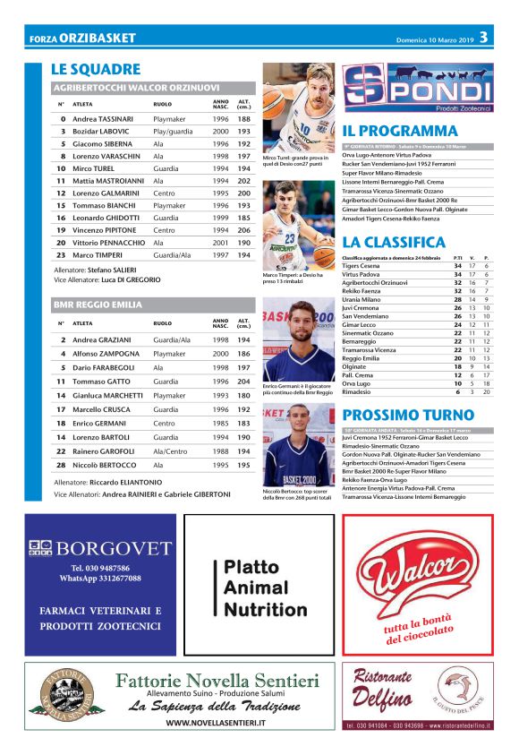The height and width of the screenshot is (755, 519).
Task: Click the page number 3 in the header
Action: point(482,37)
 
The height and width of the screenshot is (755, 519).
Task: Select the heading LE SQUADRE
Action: point(96,69)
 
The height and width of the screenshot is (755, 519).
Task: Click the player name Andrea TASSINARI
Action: point(103,118)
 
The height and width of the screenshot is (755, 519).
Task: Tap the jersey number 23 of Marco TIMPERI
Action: point(62,254)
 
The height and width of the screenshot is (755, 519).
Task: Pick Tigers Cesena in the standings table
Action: point(361,265)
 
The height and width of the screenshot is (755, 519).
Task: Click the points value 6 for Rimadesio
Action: point(458,391)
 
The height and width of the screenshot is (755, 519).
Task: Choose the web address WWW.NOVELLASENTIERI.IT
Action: point(215,722)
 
